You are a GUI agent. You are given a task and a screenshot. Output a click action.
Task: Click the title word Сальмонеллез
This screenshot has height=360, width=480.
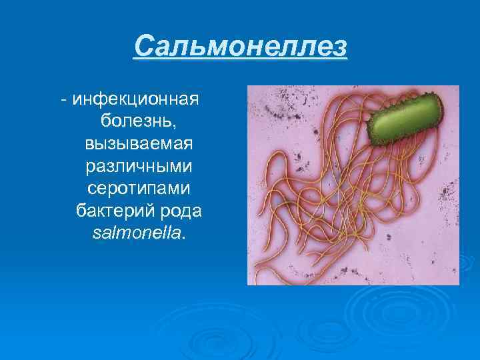tap(240, 47)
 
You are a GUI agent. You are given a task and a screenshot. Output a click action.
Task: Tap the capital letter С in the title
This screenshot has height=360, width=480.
tap(142, 47)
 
